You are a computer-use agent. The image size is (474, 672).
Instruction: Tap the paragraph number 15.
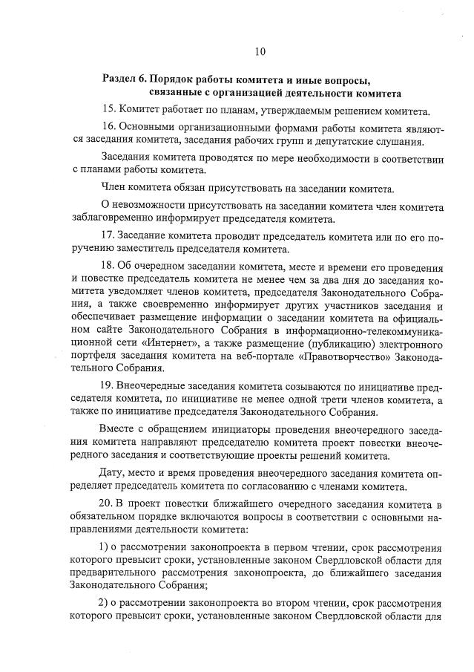(107, 111)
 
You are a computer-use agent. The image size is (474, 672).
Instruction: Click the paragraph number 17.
(107, 235)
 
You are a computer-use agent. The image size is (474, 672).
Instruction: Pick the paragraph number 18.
(107, 266)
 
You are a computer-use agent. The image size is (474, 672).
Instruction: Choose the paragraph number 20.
(107, 505)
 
